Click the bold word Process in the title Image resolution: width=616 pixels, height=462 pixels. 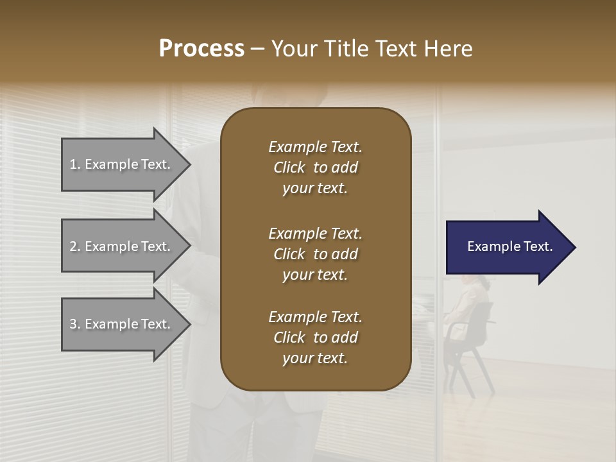click(x=201, y=48)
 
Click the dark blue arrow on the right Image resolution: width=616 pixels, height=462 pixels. click(x=507, y=247)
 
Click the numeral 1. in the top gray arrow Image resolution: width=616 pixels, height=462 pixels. click(x=75, y=164)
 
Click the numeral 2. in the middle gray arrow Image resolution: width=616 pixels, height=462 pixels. click(x=75, y=246)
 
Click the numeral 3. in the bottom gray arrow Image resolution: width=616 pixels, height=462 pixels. click(x=75, y=324)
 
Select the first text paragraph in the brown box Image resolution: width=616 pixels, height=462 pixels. click(x=315, y=167)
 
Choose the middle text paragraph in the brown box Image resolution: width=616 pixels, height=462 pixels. click(x=315, y=253)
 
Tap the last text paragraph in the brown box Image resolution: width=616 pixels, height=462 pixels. click(x=315, y=338)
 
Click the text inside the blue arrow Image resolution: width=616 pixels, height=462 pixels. click(x=509, y=246)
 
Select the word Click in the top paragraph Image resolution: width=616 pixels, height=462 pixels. click(x=289, y=167)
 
